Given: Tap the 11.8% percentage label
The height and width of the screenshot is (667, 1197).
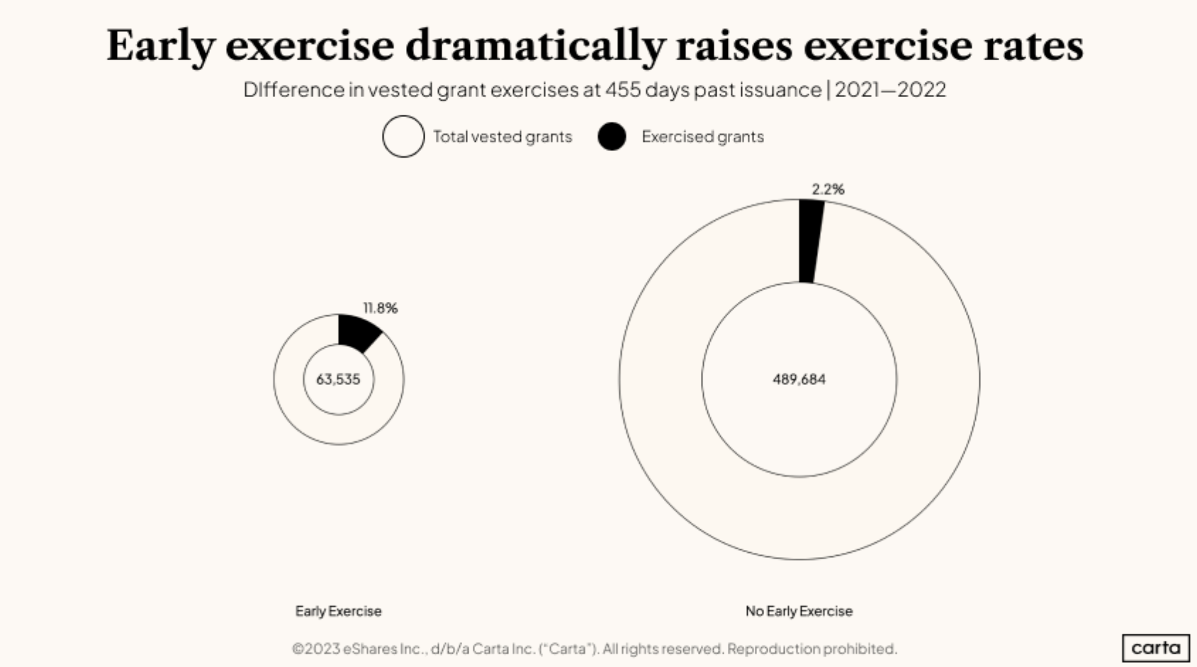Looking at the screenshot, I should pyautogui.click(x=380, y=308).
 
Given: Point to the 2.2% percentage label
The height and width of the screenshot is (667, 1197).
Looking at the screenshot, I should pyautogui.click(x=828, y=189).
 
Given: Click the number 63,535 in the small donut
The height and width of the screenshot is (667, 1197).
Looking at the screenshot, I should pyautogui.click(x=338, y=380).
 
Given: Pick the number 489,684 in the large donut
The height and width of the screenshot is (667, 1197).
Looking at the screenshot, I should pyautogui.click(x=799, y=380).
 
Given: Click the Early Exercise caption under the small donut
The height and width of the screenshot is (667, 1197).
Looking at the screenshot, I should pyautogui.click(x=338, y=611).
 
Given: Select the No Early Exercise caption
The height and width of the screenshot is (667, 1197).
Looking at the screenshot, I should pyautogui.click(x=799, y=611).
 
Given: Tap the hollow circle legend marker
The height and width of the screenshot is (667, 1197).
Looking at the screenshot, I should pyautogui.click(x=403, y=136).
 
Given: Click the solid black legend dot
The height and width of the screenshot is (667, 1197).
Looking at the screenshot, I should pyautogui.click(x=612, y=136).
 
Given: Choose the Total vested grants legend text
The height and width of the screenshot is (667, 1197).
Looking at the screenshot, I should pyautogui.click(x=503, y=137).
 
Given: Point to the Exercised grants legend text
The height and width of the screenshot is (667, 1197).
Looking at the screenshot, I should pyautogui.click(x=703, y=137).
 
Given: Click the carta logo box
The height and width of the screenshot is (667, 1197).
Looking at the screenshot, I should pyautogui.click(x=1155, y=648).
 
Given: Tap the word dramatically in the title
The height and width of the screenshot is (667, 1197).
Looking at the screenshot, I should pyautogui.click(x=535, y=46).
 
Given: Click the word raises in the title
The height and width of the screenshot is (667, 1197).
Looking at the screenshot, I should pyautogui.click(x=734, y=46).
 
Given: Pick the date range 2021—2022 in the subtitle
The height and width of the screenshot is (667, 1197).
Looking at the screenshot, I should pyautogui.click(x=890, y=90).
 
